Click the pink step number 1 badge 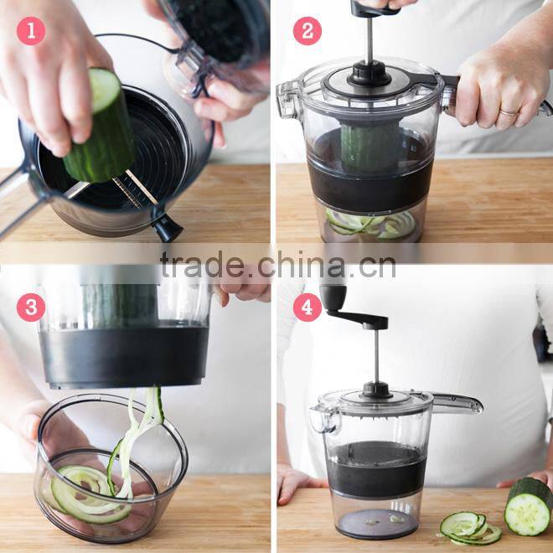[31, 31]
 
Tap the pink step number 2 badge [307, 31]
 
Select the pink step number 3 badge [31, 307]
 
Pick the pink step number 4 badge [307, 307]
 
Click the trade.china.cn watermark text [277, 266]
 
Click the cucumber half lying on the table [529, 507]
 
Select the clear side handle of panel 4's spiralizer [457, 404]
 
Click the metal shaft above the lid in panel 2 [369, 42]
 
